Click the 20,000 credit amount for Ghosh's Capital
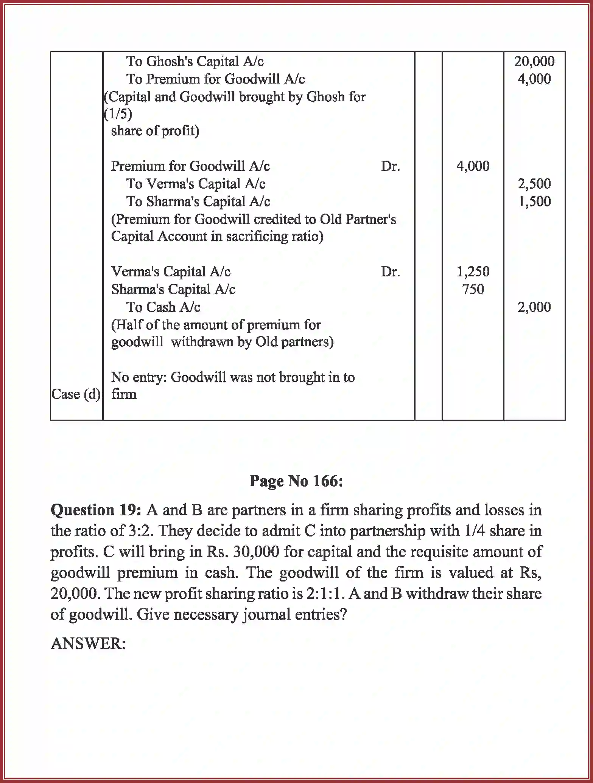pos(534,61)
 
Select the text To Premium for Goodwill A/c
pos(215,79)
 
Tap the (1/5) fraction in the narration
pos(118,113)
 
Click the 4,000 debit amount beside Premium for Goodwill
pos(473,166)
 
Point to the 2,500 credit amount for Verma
pos(534,184)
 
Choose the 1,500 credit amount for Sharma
pos(534,202)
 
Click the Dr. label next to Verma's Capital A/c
pos(390,271)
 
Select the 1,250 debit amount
pos(473,271)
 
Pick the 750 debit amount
pos(473,289)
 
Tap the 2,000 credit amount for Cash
pos(534,307)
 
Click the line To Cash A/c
pos(163,307)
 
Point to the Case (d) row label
pos(76,394)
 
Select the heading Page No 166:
pos(296,481)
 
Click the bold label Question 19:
pos(96,510)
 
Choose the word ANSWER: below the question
pos(88,643)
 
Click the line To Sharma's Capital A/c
pos(198,202)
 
